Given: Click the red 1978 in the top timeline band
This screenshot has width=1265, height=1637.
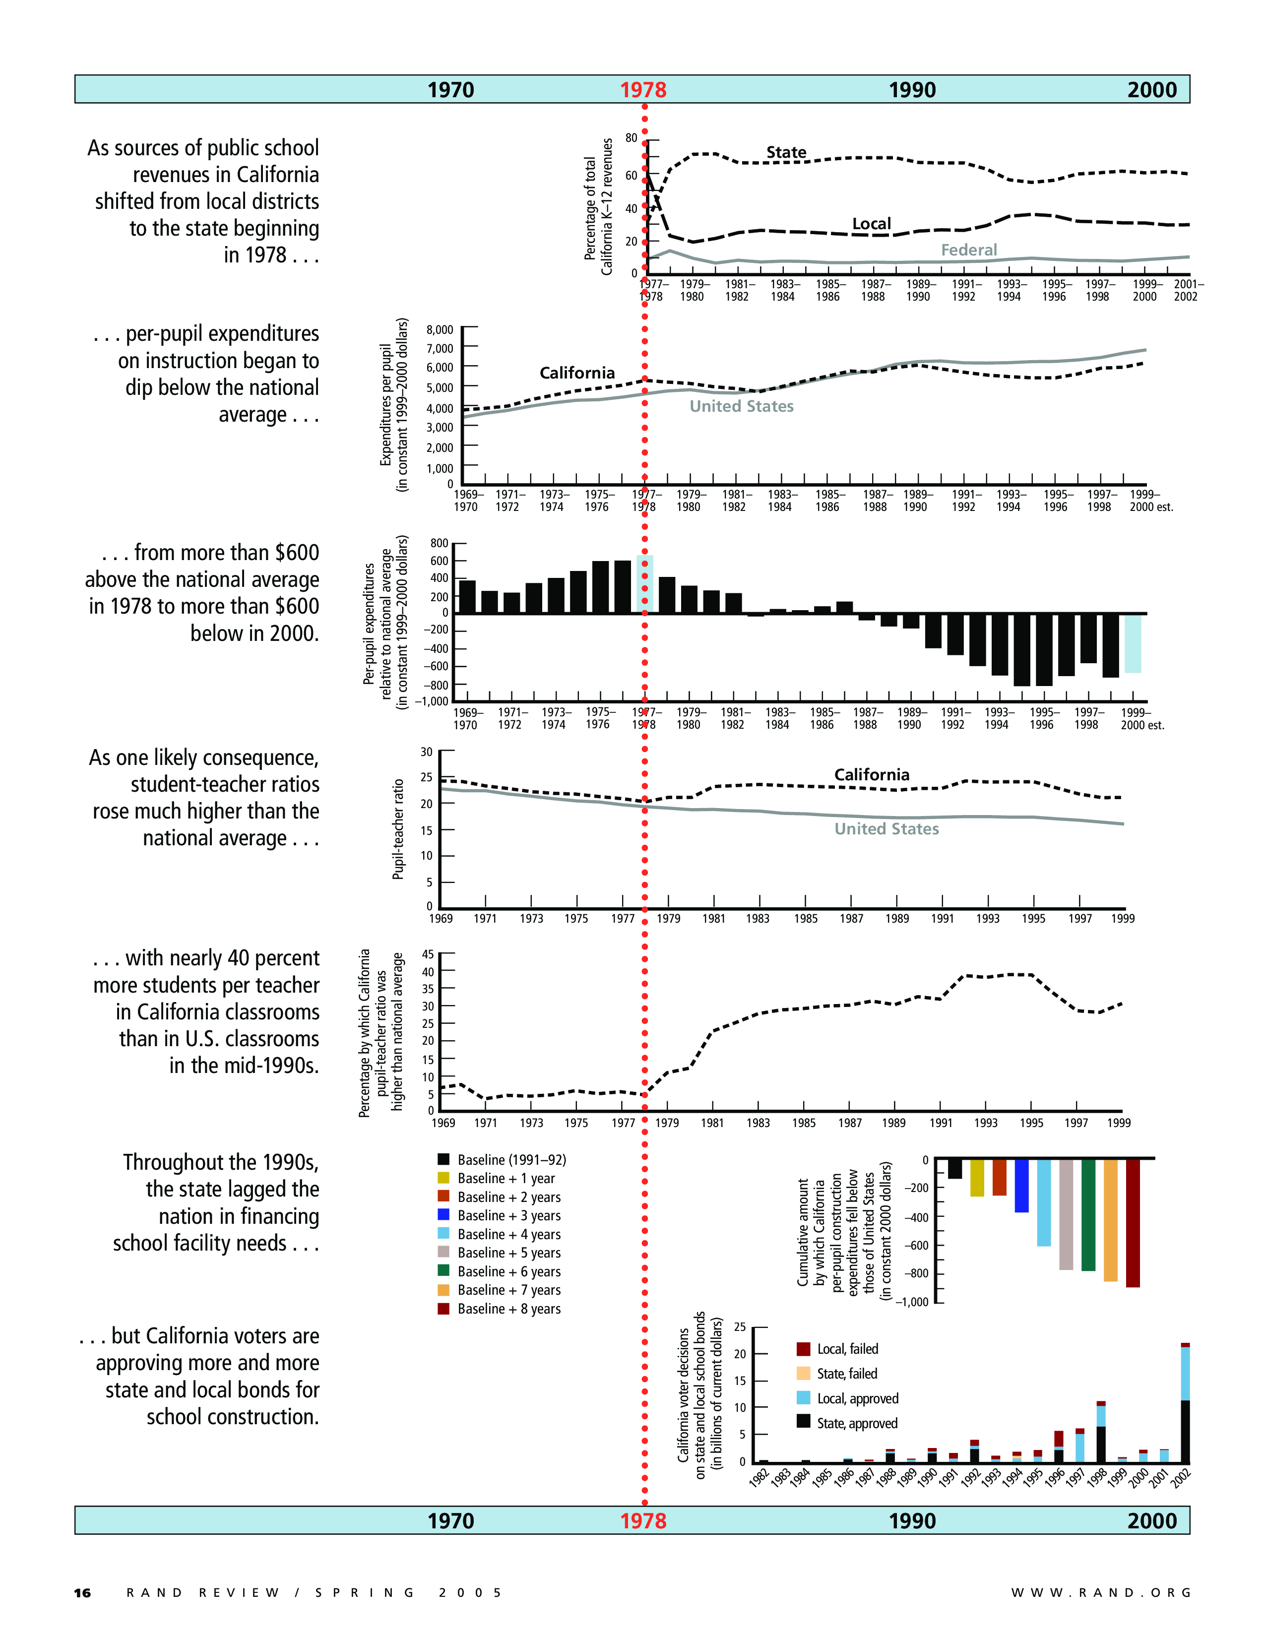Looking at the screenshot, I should click(643, 90).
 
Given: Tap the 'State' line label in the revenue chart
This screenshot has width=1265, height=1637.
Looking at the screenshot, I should click(786, 152).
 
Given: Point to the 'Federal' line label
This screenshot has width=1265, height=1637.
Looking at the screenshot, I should click(969, 250).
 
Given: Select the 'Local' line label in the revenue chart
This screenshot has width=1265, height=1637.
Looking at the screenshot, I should click(872, 223).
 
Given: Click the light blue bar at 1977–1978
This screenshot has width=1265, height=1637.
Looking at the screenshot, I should click(644, 584).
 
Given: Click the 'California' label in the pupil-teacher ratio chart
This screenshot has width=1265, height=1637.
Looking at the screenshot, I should click(872, 774).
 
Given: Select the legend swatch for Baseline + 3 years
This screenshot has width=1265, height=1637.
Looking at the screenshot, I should click(443, 1214).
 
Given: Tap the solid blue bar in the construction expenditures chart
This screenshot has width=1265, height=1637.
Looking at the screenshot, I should click(1021, 1186).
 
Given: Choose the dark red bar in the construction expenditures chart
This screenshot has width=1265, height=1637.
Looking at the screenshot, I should click(1133, 1222).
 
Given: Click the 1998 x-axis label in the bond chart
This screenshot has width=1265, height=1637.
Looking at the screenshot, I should click(1096, 1478).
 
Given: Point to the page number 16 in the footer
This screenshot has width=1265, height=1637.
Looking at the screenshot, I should click(82, 1593).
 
